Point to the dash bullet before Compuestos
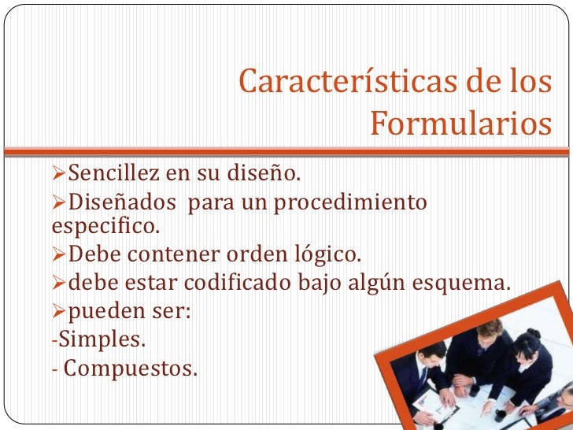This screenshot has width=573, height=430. tap(54, 368)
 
